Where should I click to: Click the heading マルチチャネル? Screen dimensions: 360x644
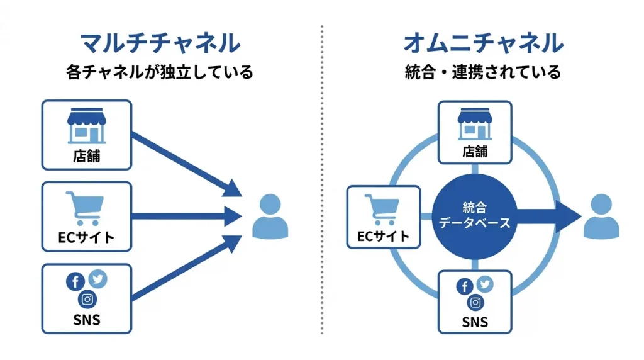tap(160, 43)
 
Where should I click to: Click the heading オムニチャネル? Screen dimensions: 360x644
tap(483, 43)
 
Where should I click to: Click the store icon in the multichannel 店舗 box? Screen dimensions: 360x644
tap(87, 126)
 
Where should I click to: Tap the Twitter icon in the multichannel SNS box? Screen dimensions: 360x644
tap(97, 279)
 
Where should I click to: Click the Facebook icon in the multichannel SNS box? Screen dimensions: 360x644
tap(75, 282)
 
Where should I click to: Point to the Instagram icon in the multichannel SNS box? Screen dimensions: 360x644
tap(87, 299)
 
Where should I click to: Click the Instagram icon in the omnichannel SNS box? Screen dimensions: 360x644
tap(475, 303)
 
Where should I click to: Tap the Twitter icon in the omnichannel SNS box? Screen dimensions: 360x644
tap(485, 284)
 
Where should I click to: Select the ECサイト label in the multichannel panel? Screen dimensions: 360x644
tap(87, 238)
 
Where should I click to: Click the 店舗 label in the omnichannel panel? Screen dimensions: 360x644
tap(475, 151)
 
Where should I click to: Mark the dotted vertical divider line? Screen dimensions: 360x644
tap(322, 183)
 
